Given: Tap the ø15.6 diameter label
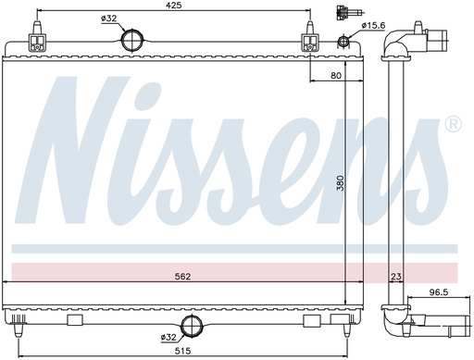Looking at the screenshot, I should [373, 25].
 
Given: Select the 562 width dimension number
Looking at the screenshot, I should [187, 274].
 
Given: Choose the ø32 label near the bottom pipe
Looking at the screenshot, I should [168, 337].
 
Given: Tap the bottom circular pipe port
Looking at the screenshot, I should [193, 326].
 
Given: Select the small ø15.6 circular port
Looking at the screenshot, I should [345, 42].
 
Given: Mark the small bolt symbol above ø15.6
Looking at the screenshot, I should [344, 13].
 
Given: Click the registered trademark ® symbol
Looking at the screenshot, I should [453, 124].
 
